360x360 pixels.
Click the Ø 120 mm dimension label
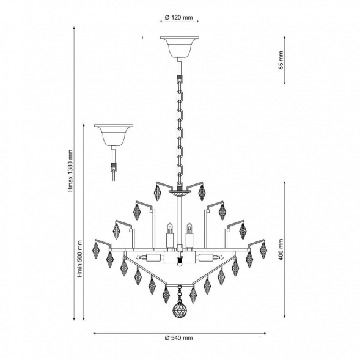tap(179, 17)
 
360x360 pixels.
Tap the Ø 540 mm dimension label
tap(179, 338)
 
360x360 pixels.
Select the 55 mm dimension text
tap(281, 60)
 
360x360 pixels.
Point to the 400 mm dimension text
tap(281, 249)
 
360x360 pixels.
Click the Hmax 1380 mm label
tap(70, 171)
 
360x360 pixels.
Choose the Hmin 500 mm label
tap(79, 259)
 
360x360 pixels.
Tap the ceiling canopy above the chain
tap(180, 47)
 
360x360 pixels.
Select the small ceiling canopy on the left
tap(114, 136)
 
